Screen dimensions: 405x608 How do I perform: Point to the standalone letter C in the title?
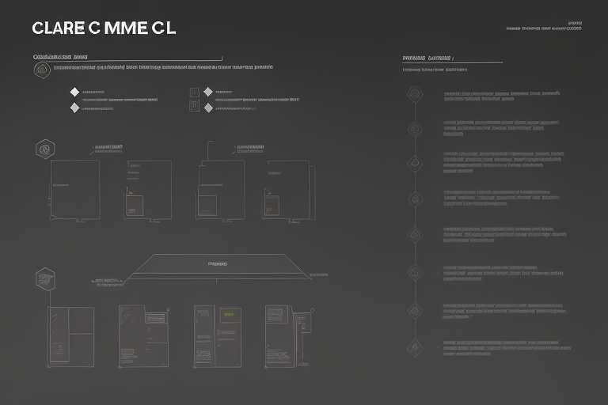pos(94,28)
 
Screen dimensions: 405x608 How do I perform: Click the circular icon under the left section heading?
pos(41,70)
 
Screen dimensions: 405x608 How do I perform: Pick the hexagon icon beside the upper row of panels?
pos(45,148)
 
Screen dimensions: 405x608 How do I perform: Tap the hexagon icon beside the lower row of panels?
pos(45,278)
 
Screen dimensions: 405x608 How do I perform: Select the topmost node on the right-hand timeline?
pos(415,95)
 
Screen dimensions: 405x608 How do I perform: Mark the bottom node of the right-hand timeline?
pos(415,345)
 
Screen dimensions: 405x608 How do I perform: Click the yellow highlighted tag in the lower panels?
pos(229,314)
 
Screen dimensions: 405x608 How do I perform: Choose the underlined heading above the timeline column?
pos(427,58)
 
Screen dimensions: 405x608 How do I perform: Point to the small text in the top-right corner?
pos(544,28)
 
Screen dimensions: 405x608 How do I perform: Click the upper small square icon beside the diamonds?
pos(194,93)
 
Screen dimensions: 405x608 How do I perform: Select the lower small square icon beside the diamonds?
pos(194,106)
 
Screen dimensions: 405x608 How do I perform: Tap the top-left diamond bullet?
pos(74,93)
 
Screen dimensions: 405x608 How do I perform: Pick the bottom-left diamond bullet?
pos(74,108)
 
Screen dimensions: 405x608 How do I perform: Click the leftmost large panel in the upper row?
pos(75,190)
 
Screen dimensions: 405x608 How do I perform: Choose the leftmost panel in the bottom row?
pos(70,336)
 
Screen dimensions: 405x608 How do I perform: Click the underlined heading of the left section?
pos(60,58)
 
